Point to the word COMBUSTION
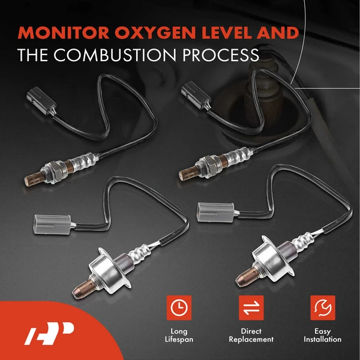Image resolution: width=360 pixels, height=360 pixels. [x=120, y=55]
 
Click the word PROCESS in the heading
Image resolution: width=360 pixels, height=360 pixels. [x=218, y=55]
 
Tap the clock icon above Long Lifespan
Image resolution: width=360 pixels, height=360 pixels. [x=178, y=308]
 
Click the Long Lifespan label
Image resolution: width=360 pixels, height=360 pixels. [x=178, y=335]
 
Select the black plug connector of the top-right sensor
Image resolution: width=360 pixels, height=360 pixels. [x=192, y=98]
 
